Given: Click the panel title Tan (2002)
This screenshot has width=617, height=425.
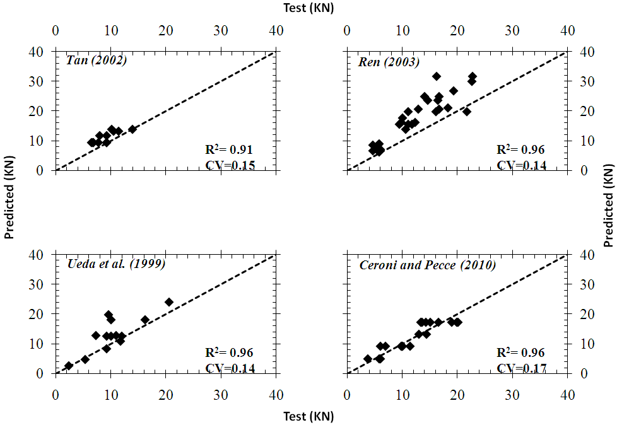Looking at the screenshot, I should pos(97,61).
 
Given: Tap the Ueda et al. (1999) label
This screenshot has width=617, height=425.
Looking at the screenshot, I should pos(116,264).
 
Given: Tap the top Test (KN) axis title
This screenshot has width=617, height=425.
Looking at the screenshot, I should pos(308,8).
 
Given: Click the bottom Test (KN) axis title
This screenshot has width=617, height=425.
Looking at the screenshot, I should pos(308,416).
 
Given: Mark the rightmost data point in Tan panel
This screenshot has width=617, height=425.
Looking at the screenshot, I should pos(132,129).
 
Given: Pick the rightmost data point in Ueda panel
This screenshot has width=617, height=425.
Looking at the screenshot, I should pos(169,302).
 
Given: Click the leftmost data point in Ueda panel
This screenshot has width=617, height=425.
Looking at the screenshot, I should pos(69,366).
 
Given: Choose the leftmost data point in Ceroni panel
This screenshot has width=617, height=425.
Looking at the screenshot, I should pos(368,359).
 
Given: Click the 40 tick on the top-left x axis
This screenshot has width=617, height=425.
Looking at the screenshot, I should pos(276,30).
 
